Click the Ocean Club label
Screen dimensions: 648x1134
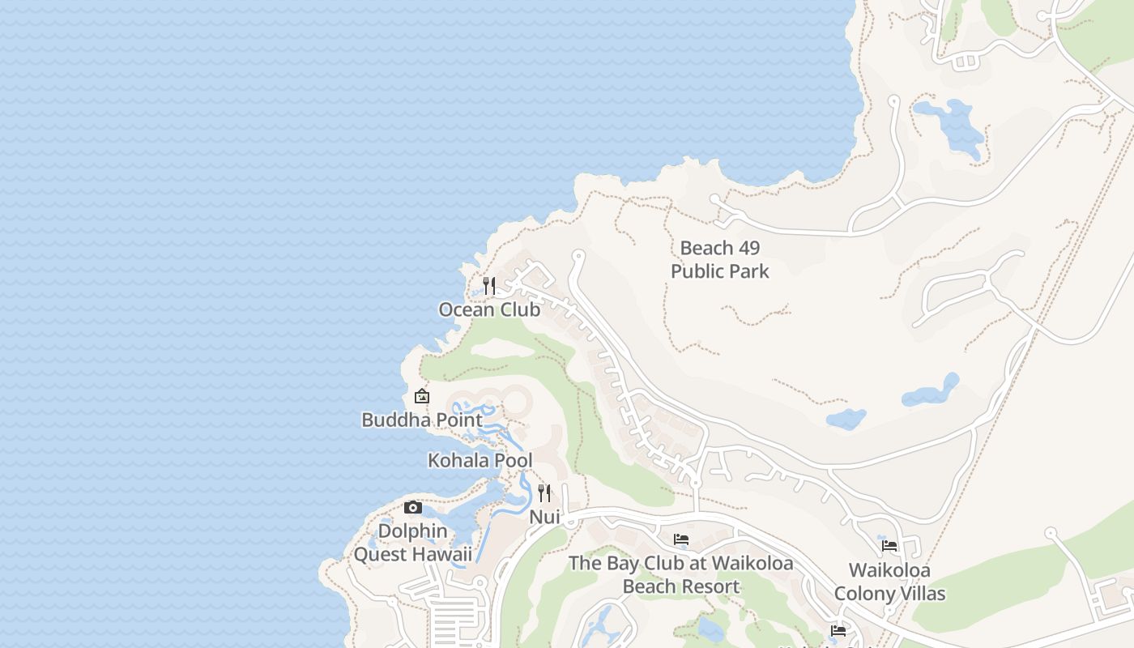click(489, 309)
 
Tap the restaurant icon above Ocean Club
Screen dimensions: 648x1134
click(488, 285)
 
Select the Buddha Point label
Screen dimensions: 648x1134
click(421, 420)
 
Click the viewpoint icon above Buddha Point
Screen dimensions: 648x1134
click(421, 396)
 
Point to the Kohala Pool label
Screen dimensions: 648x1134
click(480, 460)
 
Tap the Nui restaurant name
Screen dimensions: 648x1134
click(544, 516)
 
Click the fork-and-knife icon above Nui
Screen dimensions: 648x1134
click(544, 492)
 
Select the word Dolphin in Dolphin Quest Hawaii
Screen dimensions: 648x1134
click(412, 531)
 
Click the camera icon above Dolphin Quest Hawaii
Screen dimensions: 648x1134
click(413, 508)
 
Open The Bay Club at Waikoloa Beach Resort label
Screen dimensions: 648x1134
click(680, 574)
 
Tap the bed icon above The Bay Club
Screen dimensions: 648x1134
click(681, 539)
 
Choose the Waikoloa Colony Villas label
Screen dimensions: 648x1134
click(889, 582)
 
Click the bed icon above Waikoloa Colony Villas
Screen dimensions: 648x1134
click(889, 546)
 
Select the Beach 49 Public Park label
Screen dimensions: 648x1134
click(719, 259)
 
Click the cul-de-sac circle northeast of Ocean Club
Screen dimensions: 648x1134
click(578, 256)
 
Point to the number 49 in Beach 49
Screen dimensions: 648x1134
click(744, 248)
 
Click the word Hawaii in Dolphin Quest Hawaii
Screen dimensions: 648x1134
click(441, 554)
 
